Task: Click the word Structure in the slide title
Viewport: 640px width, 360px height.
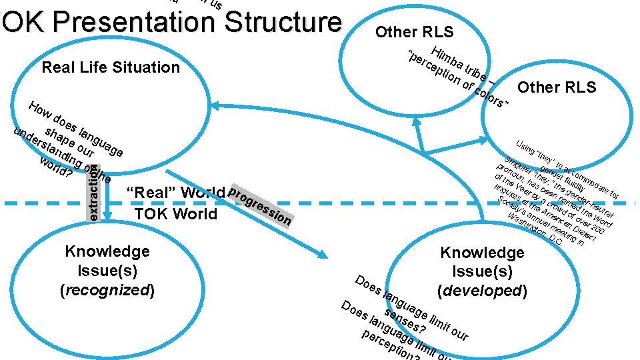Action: [283, 21]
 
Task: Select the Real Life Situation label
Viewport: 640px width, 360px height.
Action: [111, 67]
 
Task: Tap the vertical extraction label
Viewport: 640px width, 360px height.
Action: [94, 193]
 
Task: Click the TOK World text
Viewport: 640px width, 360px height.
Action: [175, 214]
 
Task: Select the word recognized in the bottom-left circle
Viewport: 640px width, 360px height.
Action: [107, 290]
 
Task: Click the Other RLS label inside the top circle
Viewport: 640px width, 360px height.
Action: [414, 32]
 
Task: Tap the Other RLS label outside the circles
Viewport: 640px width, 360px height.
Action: [557, 88]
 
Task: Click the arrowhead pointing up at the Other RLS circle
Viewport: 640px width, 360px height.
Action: [419, 129]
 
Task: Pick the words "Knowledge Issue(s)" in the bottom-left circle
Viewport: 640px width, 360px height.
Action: [107, 261]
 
